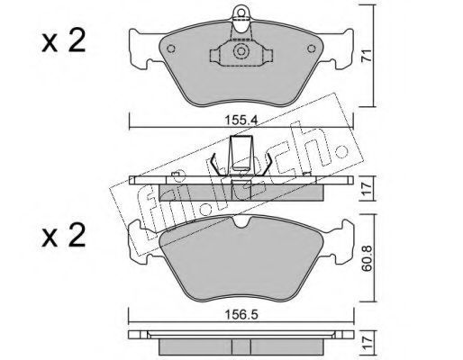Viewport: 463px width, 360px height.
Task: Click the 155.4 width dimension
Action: point(241,121)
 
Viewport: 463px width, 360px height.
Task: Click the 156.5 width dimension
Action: point(241,315)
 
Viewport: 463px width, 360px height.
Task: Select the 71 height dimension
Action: point(367,56)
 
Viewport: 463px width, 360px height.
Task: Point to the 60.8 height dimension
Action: point(367,258)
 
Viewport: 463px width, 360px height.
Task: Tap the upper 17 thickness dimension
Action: point(367,188)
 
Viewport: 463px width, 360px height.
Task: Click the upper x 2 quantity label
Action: point(64,42)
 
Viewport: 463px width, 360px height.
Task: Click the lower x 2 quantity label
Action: point(64,236)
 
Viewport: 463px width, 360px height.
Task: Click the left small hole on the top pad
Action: point(171,49)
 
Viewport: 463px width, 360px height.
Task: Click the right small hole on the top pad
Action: point(312,49)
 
